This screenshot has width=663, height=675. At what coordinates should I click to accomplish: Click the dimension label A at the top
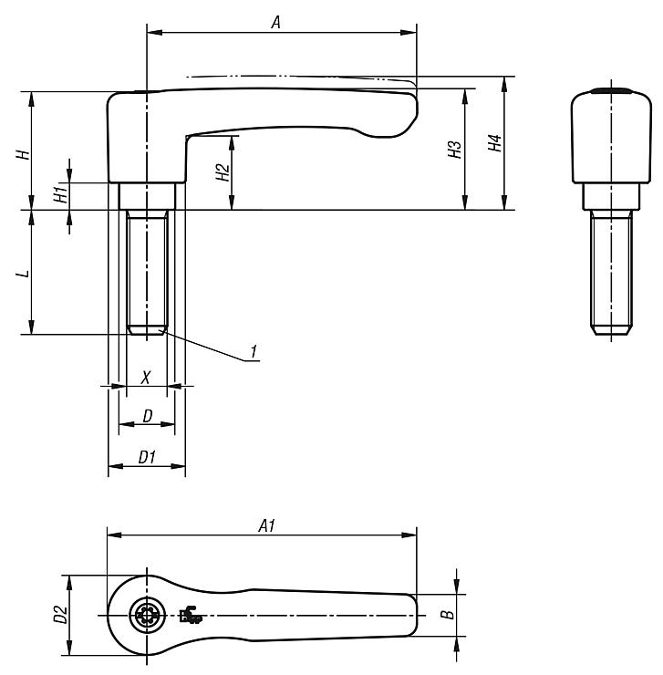[276, 22]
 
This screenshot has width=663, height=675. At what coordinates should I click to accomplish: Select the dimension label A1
[267, 525]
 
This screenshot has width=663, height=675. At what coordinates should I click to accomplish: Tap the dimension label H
[24, 154]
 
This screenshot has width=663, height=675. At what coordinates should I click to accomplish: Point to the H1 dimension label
[62, 192]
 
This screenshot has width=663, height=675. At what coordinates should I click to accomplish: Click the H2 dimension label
[223, 172]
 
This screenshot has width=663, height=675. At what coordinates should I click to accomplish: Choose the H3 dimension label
[455, 149]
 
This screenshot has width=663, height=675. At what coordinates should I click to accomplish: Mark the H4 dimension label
[495, 143]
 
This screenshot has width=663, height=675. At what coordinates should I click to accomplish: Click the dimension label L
[24, 274]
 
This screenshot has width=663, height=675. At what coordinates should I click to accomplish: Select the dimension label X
[146, 378]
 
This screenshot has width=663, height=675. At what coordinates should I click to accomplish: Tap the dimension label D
[148, 416]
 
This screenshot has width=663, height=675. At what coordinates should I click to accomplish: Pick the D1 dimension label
[147, 457]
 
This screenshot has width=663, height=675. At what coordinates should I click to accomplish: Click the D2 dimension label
[61, 614]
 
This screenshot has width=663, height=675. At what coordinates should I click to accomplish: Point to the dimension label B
[449, 614]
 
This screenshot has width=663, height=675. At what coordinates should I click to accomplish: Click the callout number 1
[254, 351]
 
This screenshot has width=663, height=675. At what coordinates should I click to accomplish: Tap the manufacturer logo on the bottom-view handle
[191, 615]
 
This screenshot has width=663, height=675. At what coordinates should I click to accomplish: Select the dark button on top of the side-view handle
[611, 91]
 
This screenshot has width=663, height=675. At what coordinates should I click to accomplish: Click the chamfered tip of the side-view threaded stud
[611, 330]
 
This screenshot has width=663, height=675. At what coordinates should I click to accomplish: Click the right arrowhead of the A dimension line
[409, 32]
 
